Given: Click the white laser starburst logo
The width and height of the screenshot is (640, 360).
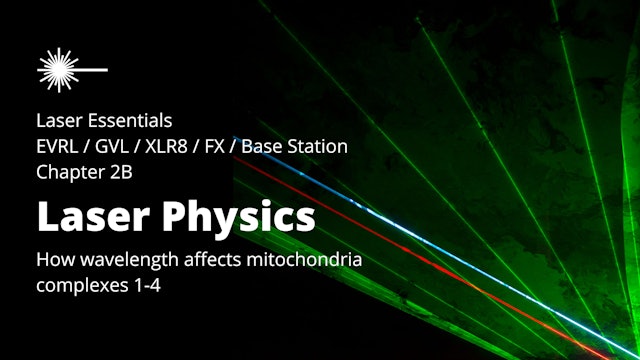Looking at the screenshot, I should click(x=60, y=67).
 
